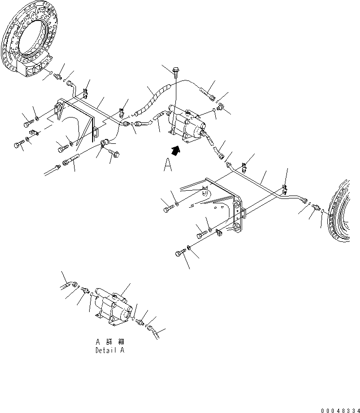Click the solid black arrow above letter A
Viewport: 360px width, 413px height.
coord(178,150)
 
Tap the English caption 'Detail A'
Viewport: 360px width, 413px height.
coord(110,350)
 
